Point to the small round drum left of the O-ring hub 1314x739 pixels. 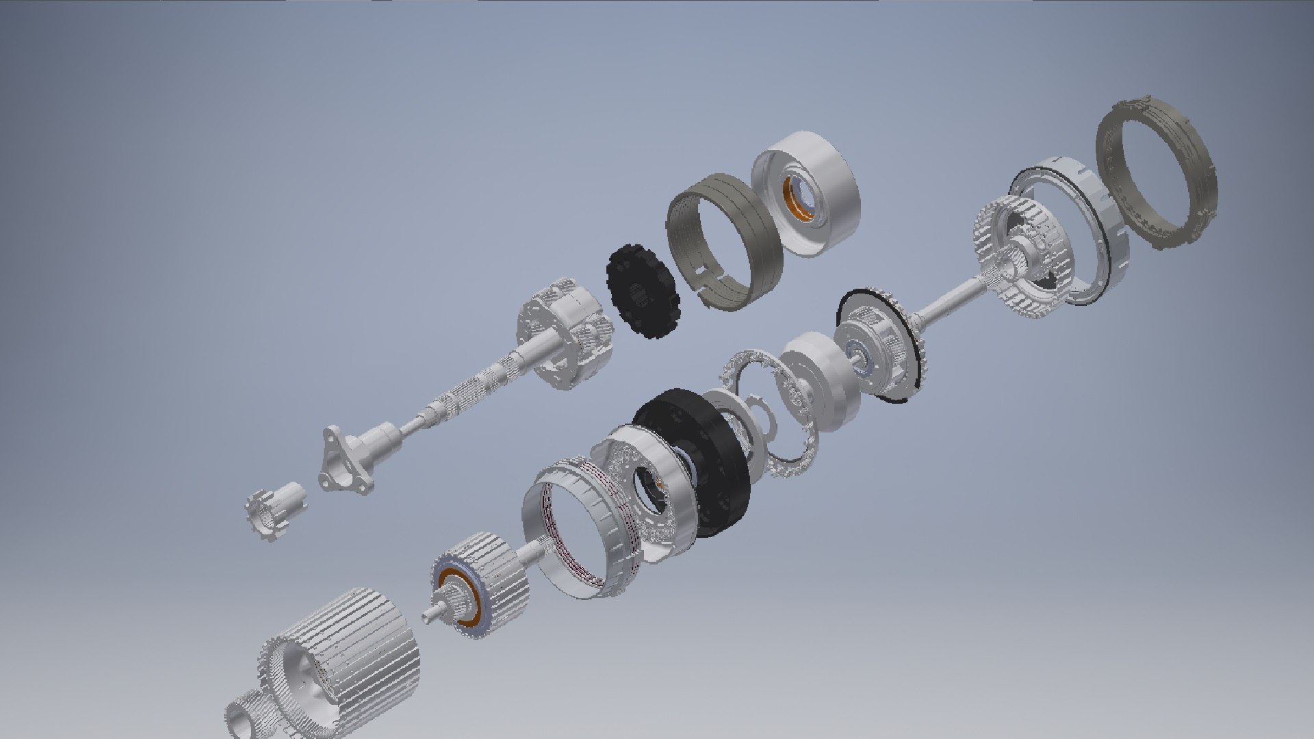pyautogui.click(x=814, y=380)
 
